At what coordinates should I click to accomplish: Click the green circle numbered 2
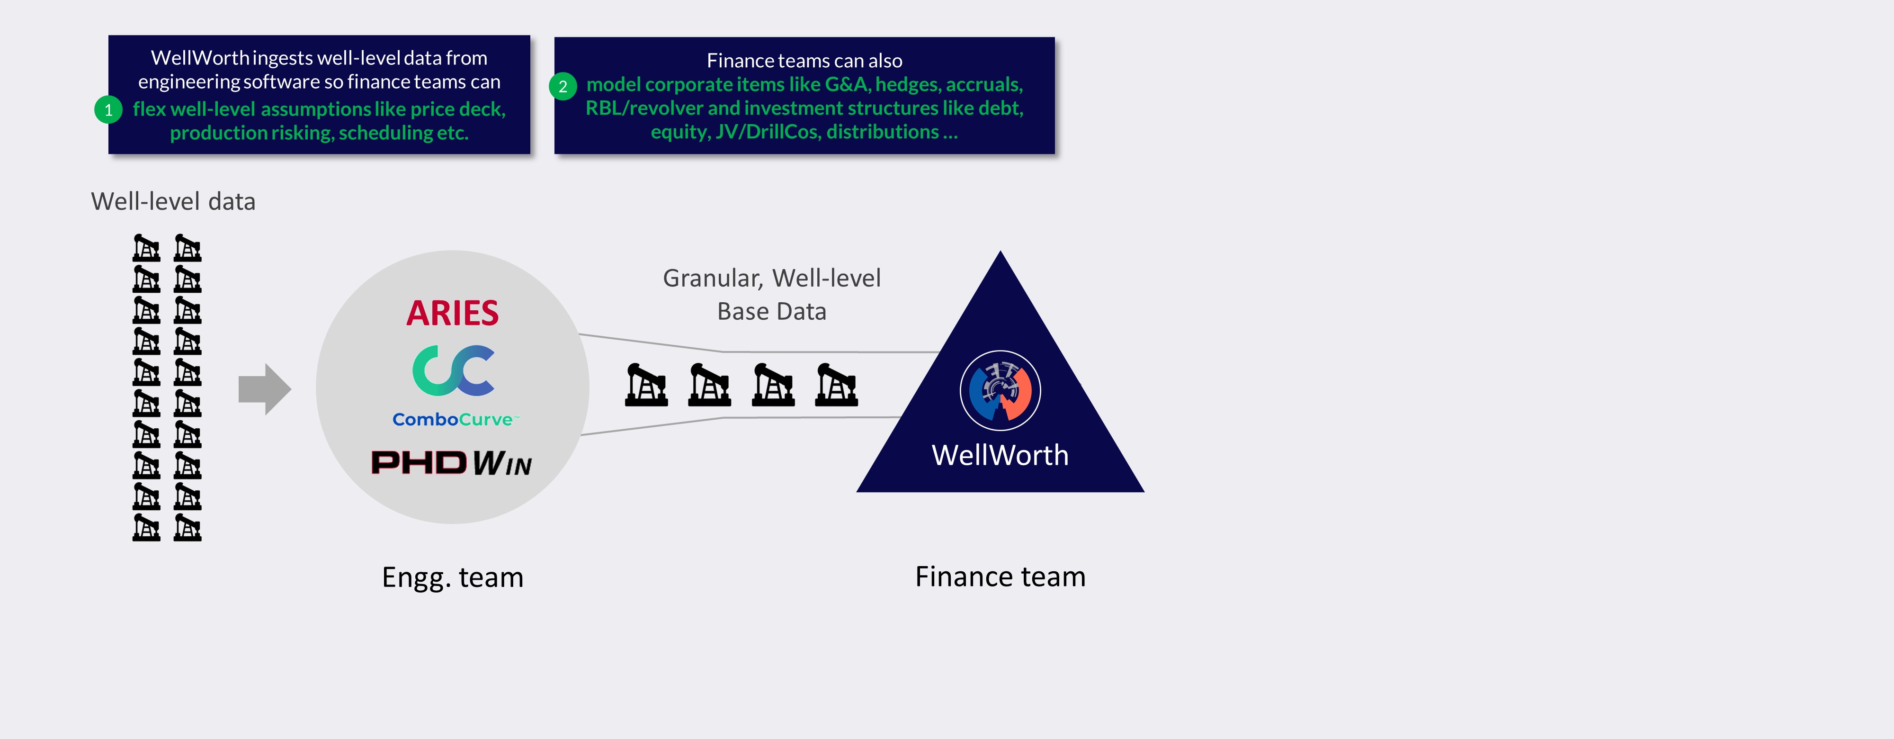(563, 87)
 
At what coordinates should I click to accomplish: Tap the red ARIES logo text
(452, 313)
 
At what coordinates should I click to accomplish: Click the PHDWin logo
(451, 462)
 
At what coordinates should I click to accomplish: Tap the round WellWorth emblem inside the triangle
(1000, 390)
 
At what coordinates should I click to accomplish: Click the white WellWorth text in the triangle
(1000, 455)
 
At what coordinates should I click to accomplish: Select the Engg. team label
(452, 577)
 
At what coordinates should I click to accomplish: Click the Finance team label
(1000, 577)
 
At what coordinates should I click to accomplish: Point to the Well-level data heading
(173, 201)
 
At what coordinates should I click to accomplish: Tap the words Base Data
(771, 312)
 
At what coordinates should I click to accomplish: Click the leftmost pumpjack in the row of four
(646, 385)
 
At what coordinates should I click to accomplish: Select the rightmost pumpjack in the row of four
(837, 385)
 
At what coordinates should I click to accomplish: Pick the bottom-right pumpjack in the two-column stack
(188, 527)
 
